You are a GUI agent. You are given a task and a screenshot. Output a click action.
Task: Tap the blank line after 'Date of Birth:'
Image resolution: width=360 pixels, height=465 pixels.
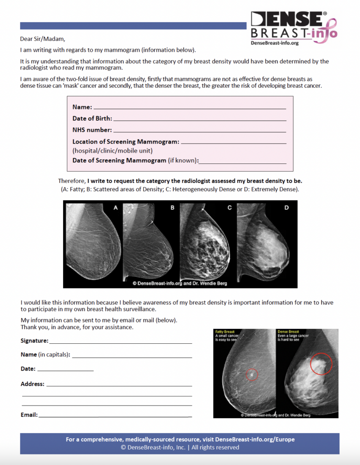coord(200,119)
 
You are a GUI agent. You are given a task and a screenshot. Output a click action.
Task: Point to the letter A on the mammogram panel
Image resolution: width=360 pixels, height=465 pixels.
coord(115,208)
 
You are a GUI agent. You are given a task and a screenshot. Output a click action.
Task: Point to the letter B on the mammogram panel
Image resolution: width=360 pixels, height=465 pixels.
coord(172,208)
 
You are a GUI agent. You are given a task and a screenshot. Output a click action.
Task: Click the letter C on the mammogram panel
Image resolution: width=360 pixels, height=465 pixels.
coord(230,208)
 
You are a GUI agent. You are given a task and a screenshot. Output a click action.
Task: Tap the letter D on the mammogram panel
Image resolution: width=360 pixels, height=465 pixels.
coord(286,208)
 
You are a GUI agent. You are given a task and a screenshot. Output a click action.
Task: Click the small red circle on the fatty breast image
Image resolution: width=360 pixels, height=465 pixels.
coord(251,374)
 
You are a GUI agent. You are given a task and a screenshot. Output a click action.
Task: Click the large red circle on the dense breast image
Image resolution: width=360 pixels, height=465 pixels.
coord(321,363)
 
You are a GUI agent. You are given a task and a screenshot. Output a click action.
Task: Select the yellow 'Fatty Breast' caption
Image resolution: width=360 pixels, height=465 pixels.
coord(225,332)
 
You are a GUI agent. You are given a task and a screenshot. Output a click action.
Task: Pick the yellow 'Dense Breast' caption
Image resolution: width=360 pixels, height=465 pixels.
coord(288,332)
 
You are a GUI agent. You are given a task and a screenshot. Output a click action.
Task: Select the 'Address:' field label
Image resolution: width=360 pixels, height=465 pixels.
coord(32,384)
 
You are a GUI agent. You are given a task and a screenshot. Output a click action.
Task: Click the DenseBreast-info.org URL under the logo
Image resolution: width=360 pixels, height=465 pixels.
coord(274,43)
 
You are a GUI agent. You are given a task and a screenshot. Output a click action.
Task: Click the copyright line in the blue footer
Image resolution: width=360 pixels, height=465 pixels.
coord(180,447)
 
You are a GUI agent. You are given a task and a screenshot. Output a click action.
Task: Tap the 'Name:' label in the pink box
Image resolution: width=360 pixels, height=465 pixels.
coord(82,108)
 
